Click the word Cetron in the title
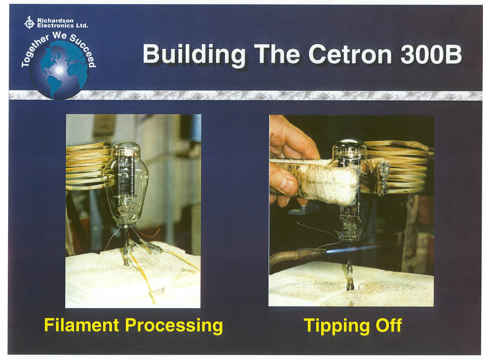click(x=350, y=54)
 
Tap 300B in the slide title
click(x=431, y=54)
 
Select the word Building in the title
click(x=194, y=56)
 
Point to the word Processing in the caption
click(x=174, y=326)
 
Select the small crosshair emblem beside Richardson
click(x=29, y=23)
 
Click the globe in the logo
click(x=59, y=70)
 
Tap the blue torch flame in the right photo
click(x=351, y=250)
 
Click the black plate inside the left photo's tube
click(x=126, y=172)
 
